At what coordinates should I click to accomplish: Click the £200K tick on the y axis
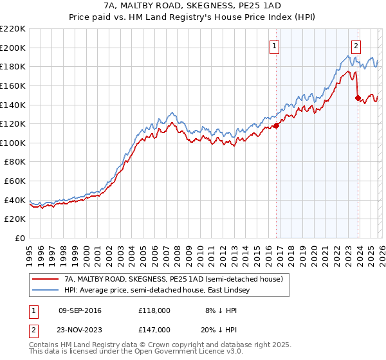pos(13,48)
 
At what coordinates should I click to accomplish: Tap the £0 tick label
pos(21,239)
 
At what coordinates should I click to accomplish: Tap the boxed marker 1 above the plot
pos(275,46)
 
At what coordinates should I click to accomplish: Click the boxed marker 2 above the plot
pos(356,46)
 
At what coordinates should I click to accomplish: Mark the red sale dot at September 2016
pos(276,125)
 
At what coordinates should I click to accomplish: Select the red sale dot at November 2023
pos(358,98)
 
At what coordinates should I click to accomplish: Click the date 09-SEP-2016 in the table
pos(79,310)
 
